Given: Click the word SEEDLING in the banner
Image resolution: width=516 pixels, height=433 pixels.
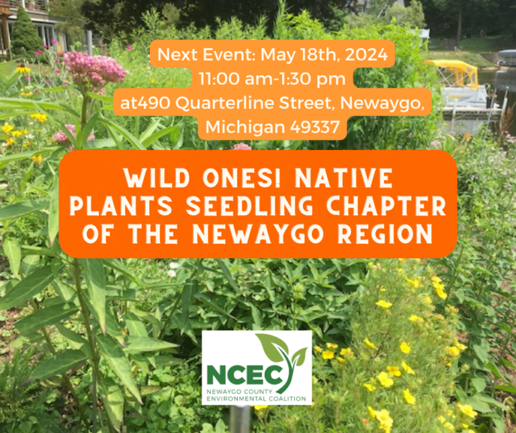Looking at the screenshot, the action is [250, 206].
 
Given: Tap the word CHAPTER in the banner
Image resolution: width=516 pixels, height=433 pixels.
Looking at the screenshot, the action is [386, 206].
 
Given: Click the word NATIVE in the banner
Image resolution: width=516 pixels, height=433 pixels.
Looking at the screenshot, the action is [344, 178].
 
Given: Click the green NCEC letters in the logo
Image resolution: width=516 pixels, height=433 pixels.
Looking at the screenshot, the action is [244, 375].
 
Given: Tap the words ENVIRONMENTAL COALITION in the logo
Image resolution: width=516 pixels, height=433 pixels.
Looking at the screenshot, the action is [257, 399].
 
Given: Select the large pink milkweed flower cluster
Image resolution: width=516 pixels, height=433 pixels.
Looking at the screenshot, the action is [94, 70].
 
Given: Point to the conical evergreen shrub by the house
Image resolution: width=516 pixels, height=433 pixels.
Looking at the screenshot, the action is [26, 33].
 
